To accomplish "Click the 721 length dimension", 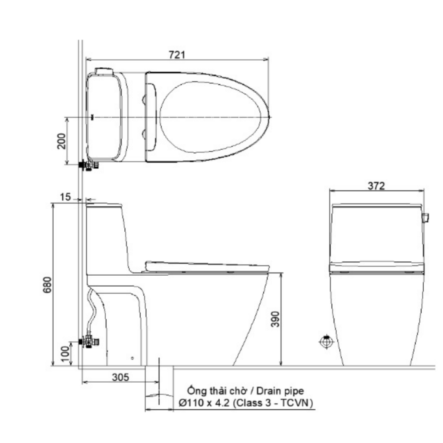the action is pos(177,55).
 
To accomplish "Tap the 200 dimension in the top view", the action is pos(61,141).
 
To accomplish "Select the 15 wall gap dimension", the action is pos(65,197).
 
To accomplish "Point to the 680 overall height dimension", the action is pos(48,285).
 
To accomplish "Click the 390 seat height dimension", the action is pos(275,319).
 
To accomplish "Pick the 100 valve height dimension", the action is pos(65,354).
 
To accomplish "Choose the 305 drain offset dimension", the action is pos(120,377).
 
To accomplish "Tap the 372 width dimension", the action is pos(376,186).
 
